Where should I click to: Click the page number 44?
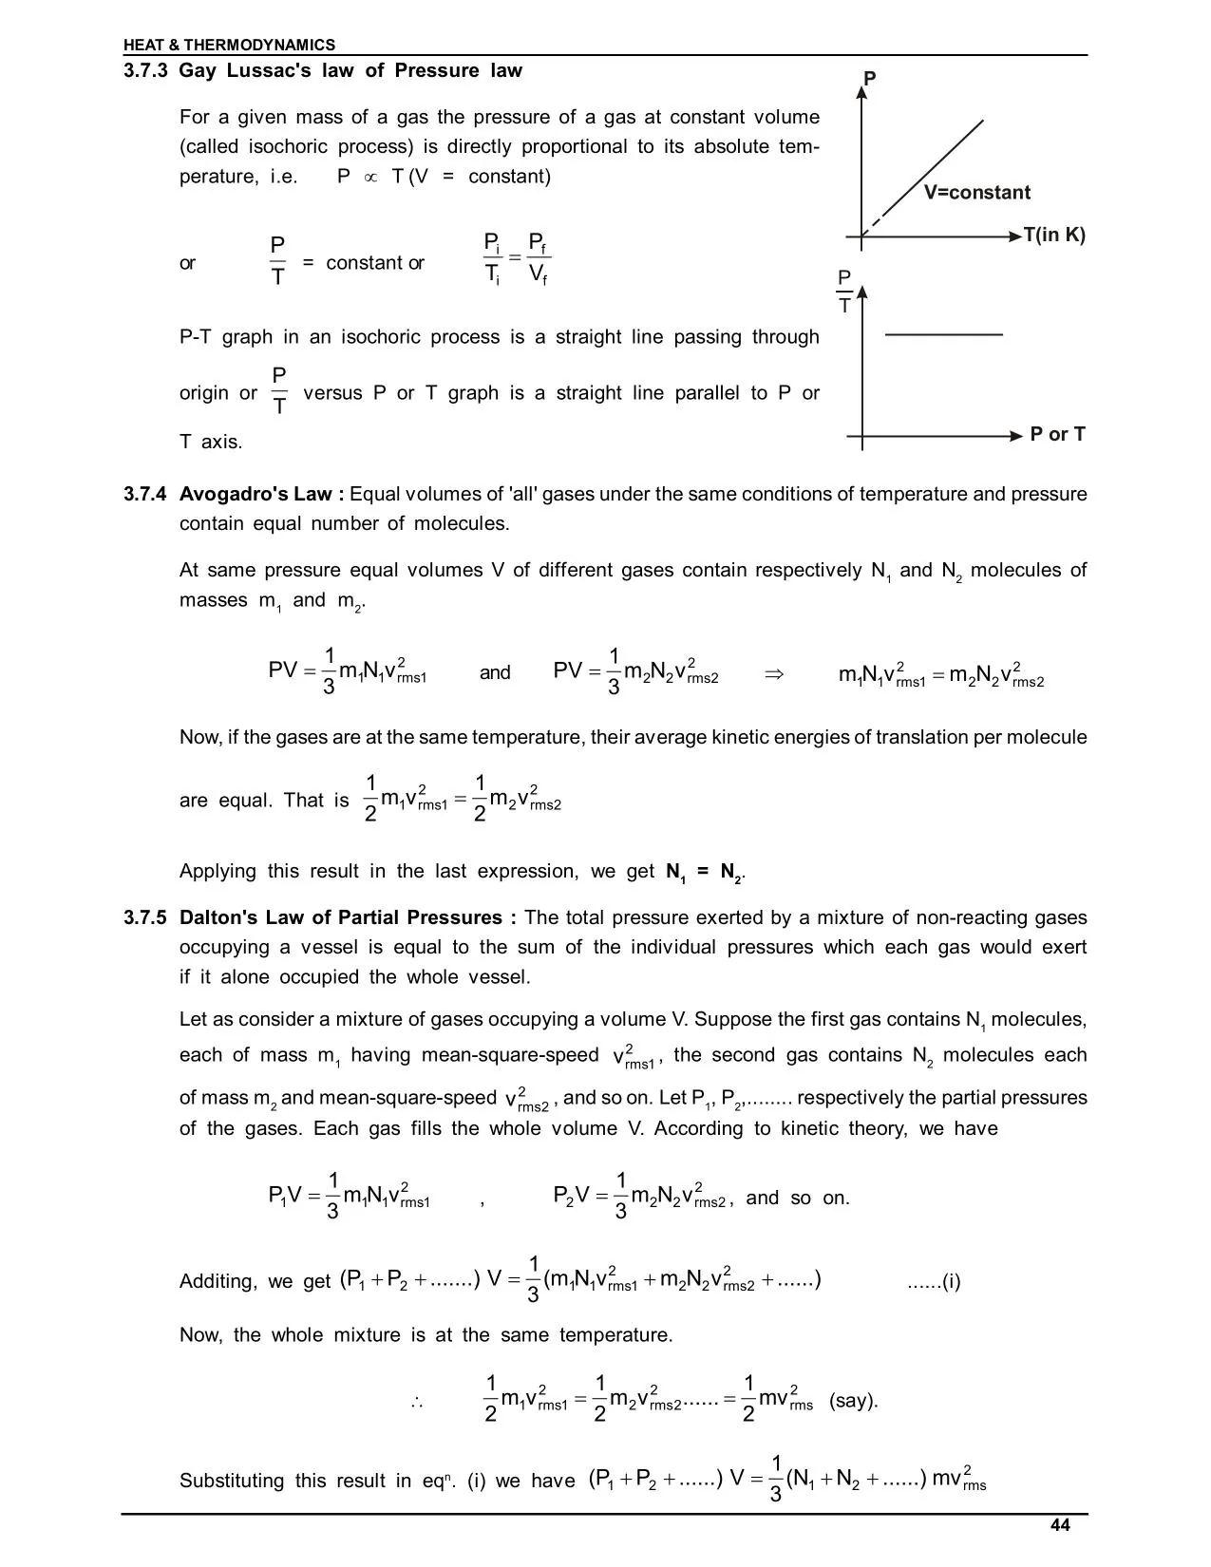(1060, 1525)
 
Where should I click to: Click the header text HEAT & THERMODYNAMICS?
(229, 45)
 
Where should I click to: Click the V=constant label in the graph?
(976, 193)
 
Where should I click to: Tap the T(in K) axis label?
(1053, 236)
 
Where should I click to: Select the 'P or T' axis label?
(1057, 434)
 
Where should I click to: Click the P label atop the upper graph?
(869, 79)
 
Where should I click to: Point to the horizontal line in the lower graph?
(943, 335)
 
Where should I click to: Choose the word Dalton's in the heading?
(218, 917)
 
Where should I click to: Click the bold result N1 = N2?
(705, 872)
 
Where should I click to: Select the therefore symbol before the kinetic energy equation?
(416, 1402)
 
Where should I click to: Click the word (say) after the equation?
(853, 1401)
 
